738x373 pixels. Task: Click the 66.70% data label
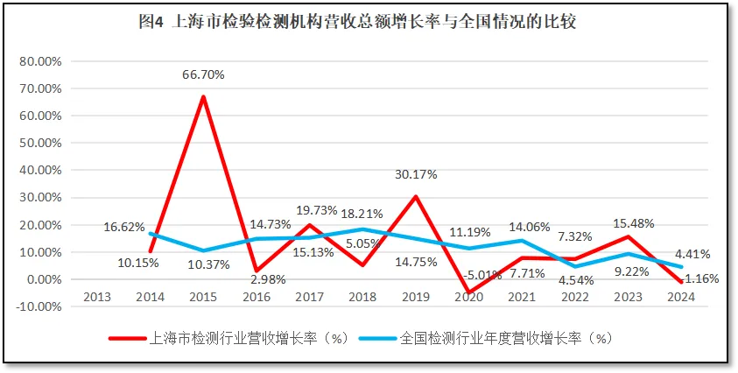(202, 74)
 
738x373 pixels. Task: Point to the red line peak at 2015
(203, 96)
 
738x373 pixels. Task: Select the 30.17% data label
(415, 173)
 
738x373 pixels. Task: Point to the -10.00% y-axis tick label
(40, 306)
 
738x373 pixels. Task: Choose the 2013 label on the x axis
(96, 296)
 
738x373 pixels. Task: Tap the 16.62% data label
(123, 227)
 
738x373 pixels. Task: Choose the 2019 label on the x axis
(415, 296)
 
